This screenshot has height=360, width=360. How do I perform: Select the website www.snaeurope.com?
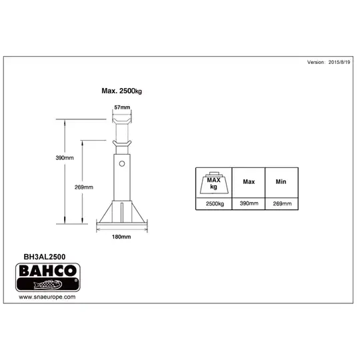tap(46, 297)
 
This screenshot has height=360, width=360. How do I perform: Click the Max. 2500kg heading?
tap(122, 91)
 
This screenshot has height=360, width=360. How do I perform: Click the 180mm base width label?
tap(121, 237)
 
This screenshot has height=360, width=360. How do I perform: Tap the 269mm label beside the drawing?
tap(83, 187)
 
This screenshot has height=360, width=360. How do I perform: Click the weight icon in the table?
tap(213, 182)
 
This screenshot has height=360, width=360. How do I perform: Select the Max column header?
tap(249, 181)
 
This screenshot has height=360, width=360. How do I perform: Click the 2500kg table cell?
tap(213, 203)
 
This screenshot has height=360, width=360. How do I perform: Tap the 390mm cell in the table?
tap(249, 203)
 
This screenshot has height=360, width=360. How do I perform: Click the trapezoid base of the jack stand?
tap(121, 215)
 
